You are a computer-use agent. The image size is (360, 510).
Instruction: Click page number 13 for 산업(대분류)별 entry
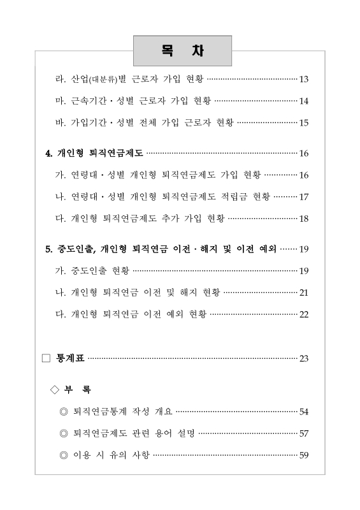(303, 80)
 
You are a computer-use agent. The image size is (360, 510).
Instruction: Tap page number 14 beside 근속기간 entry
(303, 101)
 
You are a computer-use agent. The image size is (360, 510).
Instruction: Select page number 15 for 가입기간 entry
(303, 122)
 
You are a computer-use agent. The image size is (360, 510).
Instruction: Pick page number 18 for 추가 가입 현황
(303, 219)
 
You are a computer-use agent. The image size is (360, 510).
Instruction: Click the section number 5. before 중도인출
(49, 249)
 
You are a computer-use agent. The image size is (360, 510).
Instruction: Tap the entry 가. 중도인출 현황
(92, 271)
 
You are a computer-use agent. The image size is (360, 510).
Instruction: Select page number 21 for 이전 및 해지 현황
(303, 292)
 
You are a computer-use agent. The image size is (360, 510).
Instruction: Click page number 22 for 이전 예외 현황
(303, 314)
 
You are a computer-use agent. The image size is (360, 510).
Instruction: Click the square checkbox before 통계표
(45, 358)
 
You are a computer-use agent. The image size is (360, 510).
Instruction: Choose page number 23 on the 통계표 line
(303, 358)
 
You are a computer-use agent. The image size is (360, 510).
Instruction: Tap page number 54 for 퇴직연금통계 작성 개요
(303, 412)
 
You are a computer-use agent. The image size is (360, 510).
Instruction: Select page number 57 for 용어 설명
(303, 433)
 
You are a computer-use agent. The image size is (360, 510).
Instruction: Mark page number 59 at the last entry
(303, 455)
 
